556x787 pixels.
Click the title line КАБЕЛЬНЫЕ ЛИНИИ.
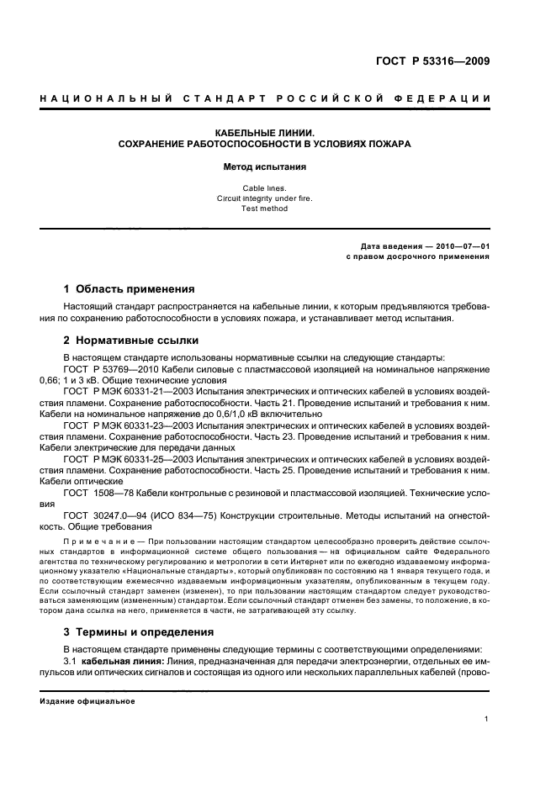[x=265, y=133]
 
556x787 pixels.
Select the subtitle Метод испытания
[x=265, y=167]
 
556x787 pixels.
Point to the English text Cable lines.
[x=265, y=188]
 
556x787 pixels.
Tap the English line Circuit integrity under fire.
[x=265, y=198]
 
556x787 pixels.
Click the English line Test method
[x=265, y=209]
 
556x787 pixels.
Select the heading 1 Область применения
[x=130, y=288]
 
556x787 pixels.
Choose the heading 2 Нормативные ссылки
[x=132, y=341]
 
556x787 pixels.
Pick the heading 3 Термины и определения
[x=139, y=631]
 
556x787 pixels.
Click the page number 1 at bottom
[x=487, y=719]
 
